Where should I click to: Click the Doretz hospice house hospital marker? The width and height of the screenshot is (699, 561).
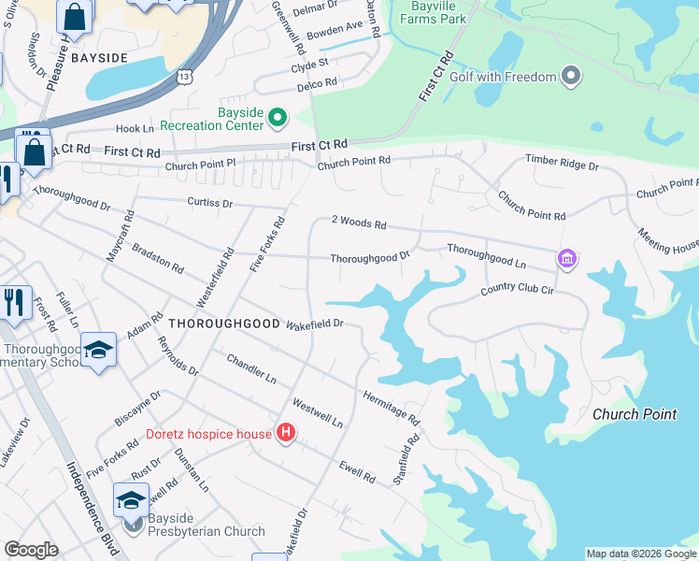287,433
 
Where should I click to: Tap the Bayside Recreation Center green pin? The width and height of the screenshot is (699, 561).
278,118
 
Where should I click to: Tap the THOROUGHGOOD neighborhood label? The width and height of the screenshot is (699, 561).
224,323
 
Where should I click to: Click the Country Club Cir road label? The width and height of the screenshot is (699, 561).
518,291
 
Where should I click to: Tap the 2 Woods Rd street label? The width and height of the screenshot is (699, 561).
359,223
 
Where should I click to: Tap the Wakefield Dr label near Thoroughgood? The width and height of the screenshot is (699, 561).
316,324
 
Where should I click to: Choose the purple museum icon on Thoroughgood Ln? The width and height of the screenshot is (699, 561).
566,257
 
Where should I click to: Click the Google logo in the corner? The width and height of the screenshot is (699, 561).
31,550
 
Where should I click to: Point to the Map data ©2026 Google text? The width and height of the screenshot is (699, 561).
640,554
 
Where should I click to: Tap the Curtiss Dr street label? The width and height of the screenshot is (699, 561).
208,202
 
